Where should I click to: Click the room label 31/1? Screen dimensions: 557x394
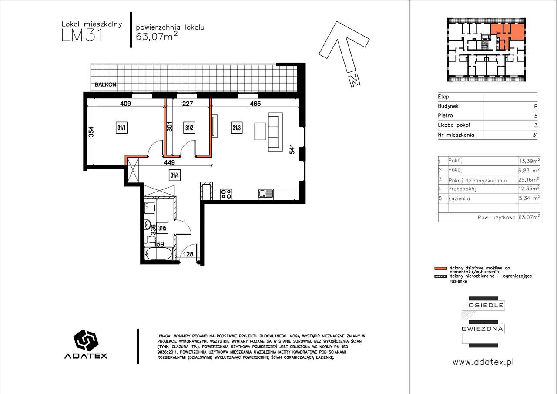(121, 128)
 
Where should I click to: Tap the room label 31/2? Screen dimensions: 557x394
(189, 128)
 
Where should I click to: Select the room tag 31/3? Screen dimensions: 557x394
(236, 128)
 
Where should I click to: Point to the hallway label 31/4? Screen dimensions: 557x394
(174, 175)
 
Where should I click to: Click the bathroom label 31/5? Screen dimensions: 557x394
(162, 228)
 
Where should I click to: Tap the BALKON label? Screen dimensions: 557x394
(105, 84)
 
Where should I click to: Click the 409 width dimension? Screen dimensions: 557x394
(125, 104)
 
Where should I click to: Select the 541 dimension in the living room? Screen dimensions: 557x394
(292, 149)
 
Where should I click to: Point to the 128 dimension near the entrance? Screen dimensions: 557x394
(188, 254)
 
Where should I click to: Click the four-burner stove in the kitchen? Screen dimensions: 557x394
(226, 194)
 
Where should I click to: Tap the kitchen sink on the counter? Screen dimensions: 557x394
(265, 194)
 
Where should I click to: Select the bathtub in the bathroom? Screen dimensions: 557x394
(158, 254)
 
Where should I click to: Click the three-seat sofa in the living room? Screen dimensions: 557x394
(275, 132)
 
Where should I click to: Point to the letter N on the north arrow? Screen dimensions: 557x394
(355, 81)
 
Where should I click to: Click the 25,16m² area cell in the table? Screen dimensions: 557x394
(529, 180)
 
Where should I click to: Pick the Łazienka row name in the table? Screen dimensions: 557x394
(459, 199)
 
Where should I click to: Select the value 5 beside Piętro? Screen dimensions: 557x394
(536, 116)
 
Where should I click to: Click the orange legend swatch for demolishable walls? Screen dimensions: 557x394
(441, 268)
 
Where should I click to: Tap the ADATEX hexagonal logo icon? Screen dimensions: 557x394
(86, 340)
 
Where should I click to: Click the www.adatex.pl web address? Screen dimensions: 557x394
(483, 362)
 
